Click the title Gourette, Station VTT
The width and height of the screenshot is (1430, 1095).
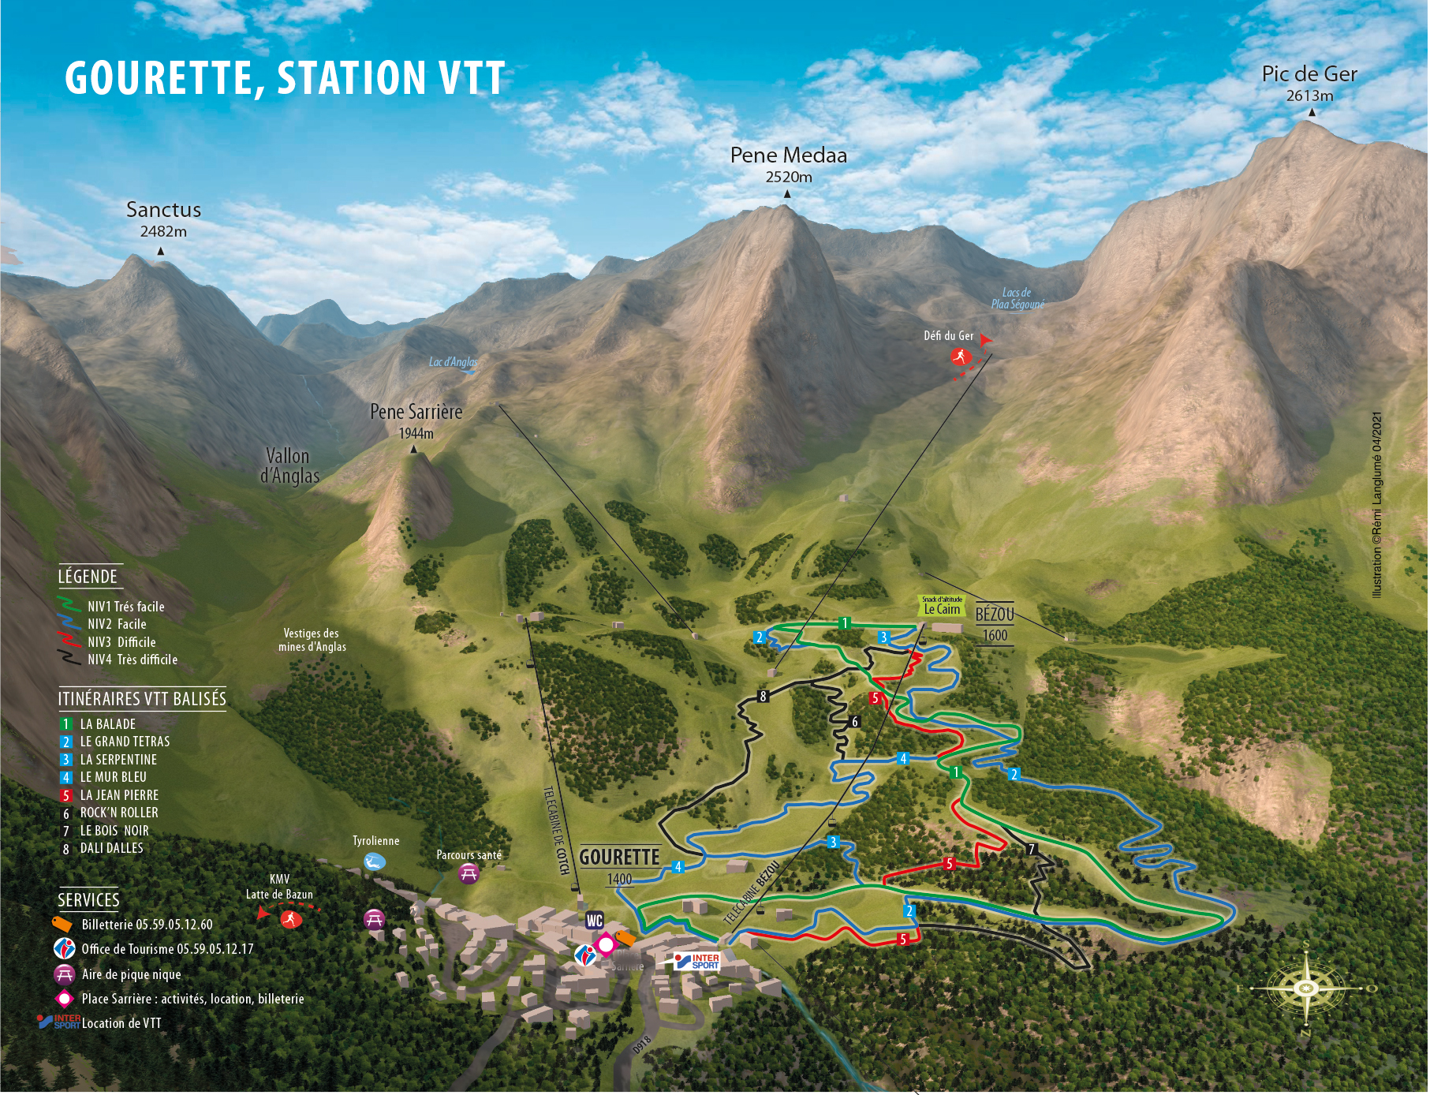click(284, 78)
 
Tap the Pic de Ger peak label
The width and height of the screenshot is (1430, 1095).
click(1309, 74)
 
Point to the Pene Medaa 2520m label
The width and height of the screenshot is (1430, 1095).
click(788, 164)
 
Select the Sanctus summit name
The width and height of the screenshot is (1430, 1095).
click(163, 210)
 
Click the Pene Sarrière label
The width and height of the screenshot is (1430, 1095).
click(416, 412)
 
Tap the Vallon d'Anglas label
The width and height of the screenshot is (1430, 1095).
click(289, 466)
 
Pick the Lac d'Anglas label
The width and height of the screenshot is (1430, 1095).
click(453, 362)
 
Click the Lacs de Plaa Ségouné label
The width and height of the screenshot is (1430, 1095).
click(1017, 298)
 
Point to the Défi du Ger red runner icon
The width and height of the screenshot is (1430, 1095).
click(959, 357)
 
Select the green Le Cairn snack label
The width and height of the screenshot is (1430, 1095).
click(942, 606)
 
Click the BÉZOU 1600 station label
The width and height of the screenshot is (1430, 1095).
click(995, 623)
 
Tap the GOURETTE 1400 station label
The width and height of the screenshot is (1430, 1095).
click(619, 865)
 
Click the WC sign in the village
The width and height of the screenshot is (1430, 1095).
click(594, 921)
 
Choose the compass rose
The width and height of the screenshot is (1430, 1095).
click(1306, 988)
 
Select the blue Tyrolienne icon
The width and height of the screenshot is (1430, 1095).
click(375, 861)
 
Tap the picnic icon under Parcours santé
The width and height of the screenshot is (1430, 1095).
click(469, 873)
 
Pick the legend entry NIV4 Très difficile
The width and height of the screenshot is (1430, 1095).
click(132, 660)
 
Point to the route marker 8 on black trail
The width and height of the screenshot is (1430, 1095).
click(762, 697)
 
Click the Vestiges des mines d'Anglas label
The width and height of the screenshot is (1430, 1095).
click(312, 640)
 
